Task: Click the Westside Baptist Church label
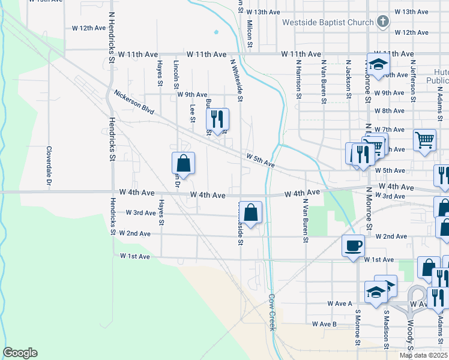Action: [x=328, y=23]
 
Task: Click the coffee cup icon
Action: [x=352, y=245]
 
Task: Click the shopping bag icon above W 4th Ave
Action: [x=183, y=163]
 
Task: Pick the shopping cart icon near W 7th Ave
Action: [x=424, y=140]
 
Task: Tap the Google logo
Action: [x=20, y=353]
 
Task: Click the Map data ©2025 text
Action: [x=424, y=356]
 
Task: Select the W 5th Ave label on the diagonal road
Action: [x=260, y=160]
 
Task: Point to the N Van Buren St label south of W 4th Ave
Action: [x=306, y=223]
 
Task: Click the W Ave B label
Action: [x=324, y=324]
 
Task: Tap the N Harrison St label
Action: [x=298, y=77]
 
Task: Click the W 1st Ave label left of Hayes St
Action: [x=134, y=256]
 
